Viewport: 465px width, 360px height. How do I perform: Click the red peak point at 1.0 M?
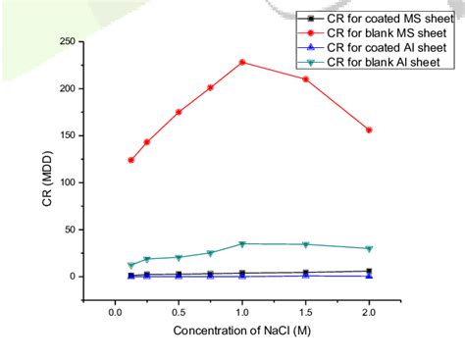242,62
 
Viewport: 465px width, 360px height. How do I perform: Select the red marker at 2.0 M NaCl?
369,129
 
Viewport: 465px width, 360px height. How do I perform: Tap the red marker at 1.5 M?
306,78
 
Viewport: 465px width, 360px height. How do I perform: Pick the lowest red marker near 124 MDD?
130,160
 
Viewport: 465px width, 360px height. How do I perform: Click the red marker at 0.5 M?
179,112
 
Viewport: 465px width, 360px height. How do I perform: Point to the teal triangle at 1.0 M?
242,243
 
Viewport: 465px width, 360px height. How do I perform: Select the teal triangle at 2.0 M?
369,248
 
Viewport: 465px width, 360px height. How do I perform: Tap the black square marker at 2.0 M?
369,271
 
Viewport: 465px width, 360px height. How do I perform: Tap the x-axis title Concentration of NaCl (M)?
241,331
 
